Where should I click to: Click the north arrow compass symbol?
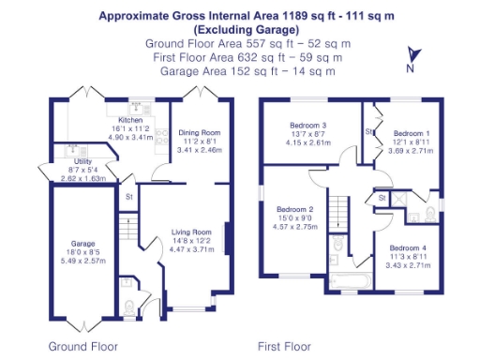410,59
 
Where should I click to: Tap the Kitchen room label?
129,122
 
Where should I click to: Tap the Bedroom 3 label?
310,126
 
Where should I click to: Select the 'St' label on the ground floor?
127,197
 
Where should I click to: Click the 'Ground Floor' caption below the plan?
83,346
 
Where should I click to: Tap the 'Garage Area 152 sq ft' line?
247,69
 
